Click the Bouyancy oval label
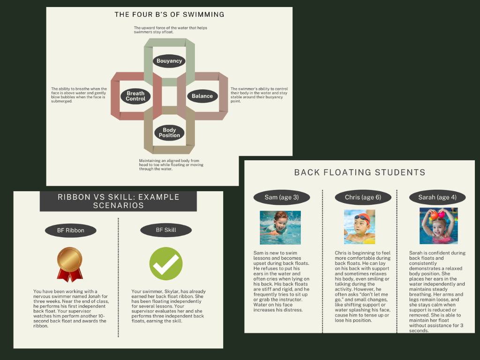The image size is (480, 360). [x=169, y=61]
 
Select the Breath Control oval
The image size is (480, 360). [x=135, y=96]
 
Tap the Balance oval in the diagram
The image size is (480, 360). [x=202, y=96]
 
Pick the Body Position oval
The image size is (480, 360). [x=169, y=133]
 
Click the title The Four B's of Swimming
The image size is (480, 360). [x=169, y=15]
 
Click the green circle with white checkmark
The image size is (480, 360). [x=165, y=264]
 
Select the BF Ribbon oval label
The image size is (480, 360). [x=71, y=230]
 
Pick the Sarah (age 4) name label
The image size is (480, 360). [x=437, y=197]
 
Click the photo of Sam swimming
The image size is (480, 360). [x=280, y=227]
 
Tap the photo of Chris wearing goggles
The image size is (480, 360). [x=360, y=227]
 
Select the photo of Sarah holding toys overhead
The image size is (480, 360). [x=438, y=226]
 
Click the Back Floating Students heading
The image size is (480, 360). [x=360, y=172]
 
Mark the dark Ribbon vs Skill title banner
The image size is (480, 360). [x=118, y=201]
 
